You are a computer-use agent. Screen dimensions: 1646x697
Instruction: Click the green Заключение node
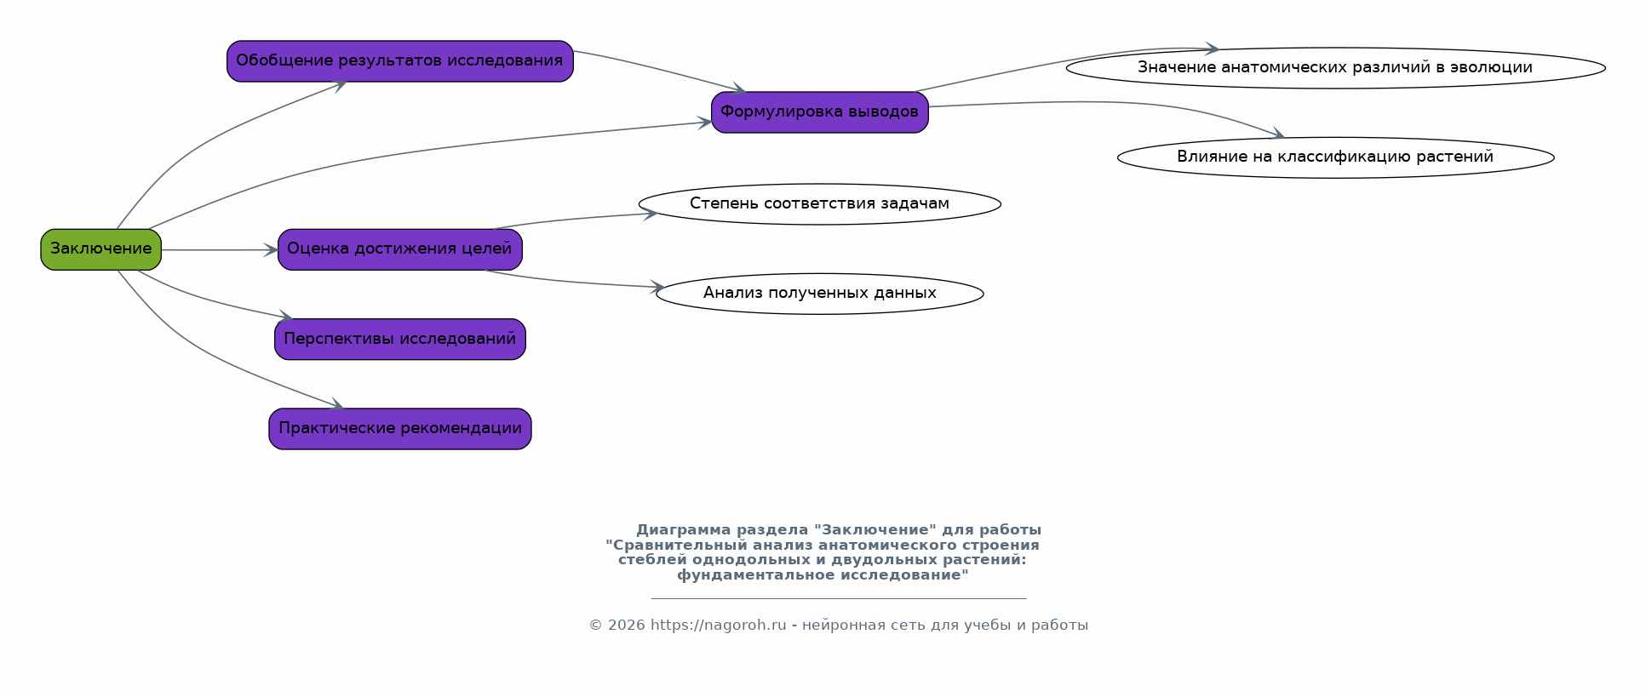(x=100, y=249)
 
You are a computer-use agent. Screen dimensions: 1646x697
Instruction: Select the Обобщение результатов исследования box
(x=399, y=61)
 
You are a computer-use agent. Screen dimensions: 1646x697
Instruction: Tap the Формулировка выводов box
(x=819, y=112)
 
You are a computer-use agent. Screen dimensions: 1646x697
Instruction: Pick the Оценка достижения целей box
(x=399, y=249)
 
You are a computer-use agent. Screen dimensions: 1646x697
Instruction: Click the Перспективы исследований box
(x=399, y=340)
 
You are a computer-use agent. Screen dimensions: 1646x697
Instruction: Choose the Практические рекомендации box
(x=399, y=429)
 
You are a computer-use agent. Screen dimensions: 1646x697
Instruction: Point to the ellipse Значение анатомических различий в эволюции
(x=1335, y=68)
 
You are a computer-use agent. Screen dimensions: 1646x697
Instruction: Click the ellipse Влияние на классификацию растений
(x=1335, y=157)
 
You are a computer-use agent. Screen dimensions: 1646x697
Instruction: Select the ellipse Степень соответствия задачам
(x=819, y=204)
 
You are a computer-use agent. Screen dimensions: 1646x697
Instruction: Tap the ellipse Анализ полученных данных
(x=819, y=294)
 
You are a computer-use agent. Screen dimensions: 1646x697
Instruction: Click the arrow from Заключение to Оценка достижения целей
(x=220, y=250)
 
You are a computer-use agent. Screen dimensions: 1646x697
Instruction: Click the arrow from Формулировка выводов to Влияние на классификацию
(x=1107, y=103)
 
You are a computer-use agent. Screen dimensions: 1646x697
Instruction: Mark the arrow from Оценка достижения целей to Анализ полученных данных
(x=572, y=282)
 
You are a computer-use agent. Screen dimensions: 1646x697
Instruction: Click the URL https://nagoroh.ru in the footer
(x=718, y=626)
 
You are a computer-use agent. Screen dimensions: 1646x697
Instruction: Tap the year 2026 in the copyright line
(x=627, y=626)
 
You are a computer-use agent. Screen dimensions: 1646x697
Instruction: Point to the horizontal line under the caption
(x=839, y=598)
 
